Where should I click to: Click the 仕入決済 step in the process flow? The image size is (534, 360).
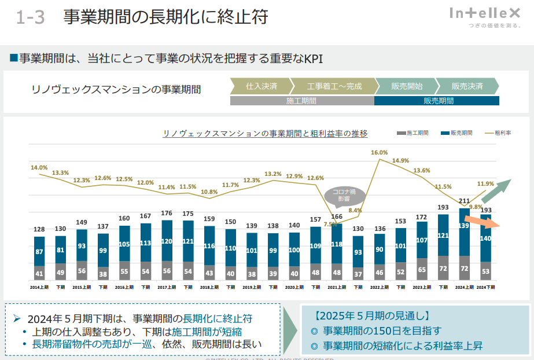pos(262,86)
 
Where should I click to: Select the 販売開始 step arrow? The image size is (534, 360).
pos(407,86)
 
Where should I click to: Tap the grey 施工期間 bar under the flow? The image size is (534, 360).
pos(301,101)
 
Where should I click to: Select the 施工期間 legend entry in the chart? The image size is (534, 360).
pos(412,133)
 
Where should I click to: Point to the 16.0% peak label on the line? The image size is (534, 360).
pos(380,153)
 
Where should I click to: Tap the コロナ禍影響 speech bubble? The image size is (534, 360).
pos(344,194)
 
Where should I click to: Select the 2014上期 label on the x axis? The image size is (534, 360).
pos(39,287)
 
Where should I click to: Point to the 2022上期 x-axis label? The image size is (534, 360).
pos(380,287)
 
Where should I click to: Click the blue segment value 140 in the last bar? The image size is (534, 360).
pos(486,238)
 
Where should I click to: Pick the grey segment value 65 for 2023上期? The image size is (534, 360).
pos(422,269)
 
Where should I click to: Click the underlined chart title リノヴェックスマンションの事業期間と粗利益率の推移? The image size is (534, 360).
pos(266,134)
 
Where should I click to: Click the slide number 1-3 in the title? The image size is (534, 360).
pos(30,18)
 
